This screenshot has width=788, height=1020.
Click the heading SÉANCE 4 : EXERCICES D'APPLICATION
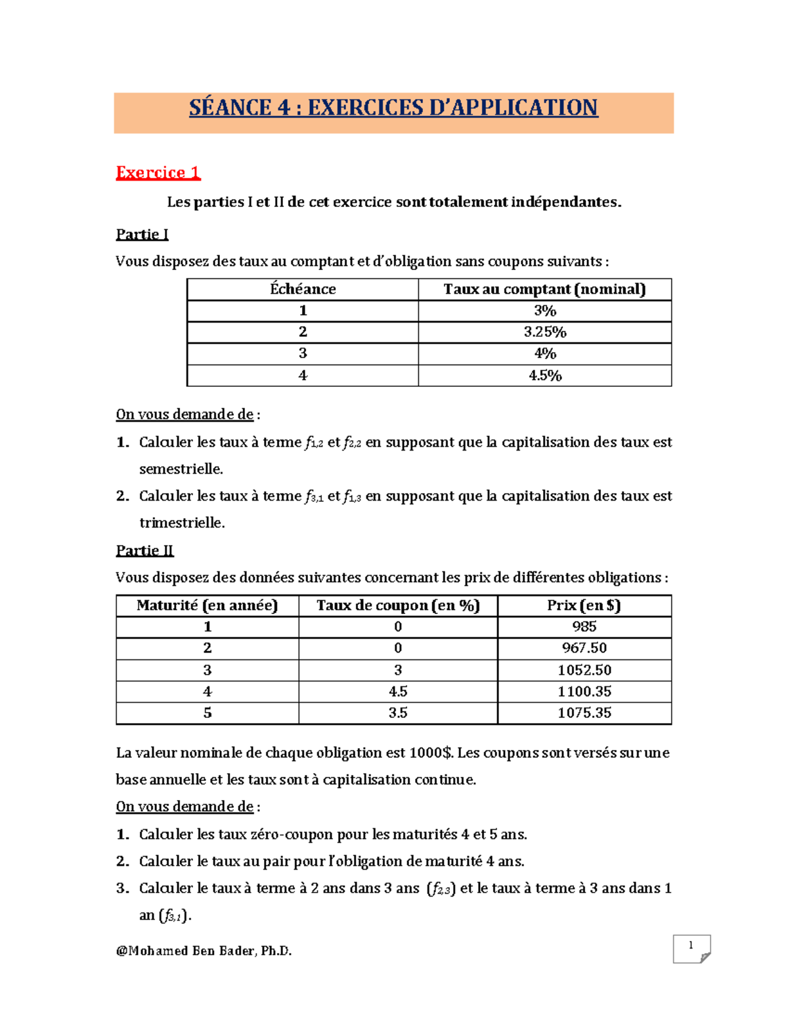click(x=393, y=108)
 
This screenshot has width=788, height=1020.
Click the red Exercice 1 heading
click(x=158, y=173)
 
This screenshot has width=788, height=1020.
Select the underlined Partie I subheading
click(x=142, y=234)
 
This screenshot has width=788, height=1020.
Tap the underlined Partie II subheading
click(x=144, y=550)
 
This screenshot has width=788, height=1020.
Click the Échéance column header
click(x=303, y=290)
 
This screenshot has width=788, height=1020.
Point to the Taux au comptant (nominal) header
click(x=544, y=290)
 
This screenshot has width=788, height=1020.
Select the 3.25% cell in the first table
click(x=544, y=332)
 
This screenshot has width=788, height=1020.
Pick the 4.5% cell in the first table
click(x=544, y=376)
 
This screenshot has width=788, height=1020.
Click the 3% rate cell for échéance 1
click(x=544, y=311)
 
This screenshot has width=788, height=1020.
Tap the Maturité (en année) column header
click(x=207, y=606)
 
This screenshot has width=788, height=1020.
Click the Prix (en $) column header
click(x=584, y=606)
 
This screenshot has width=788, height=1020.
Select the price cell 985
click(x=584, y=627)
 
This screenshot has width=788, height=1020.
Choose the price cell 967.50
click(x=584, y=648)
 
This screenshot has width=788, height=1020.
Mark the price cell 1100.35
click(x=584, y=692)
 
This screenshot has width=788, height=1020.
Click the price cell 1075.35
click(x=584, y=713)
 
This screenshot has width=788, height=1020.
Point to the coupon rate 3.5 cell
click(x=398, y=713)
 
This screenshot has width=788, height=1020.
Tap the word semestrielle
click(x=181, y=469)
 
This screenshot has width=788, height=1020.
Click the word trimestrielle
click(x=182, y=523)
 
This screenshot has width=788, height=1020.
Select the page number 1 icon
click(x=691, y=948)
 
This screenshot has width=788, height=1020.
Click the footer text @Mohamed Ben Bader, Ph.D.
click(x=204, y=951)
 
